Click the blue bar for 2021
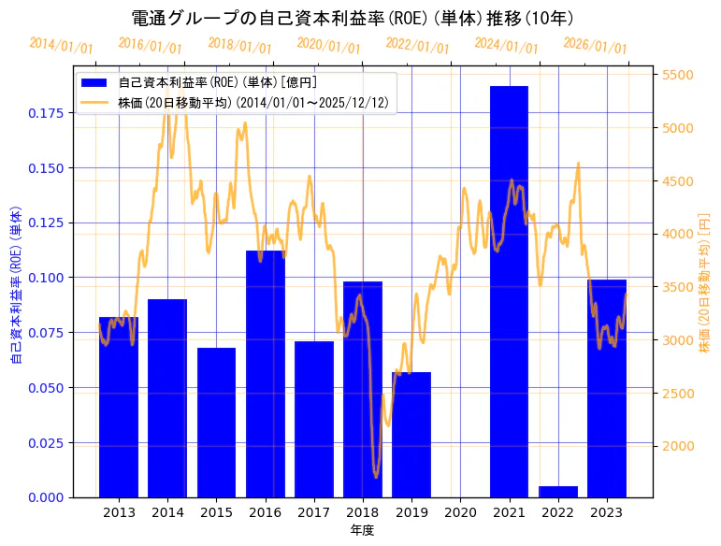[x=509, y=291]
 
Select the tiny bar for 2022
[x=557, y=492]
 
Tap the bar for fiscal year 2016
[x=265, y=373]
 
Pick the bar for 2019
[x=411, y=434]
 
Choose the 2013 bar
[x=119, y=407]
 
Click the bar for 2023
[x=606, y=388]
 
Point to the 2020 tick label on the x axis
[x=460, y=512]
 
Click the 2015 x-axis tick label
[x=216, y=512]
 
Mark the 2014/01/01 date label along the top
[x=61, y=46]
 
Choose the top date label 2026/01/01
[x=595, y=46]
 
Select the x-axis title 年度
[x=362, y=530]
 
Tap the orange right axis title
[x=704, y=280]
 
